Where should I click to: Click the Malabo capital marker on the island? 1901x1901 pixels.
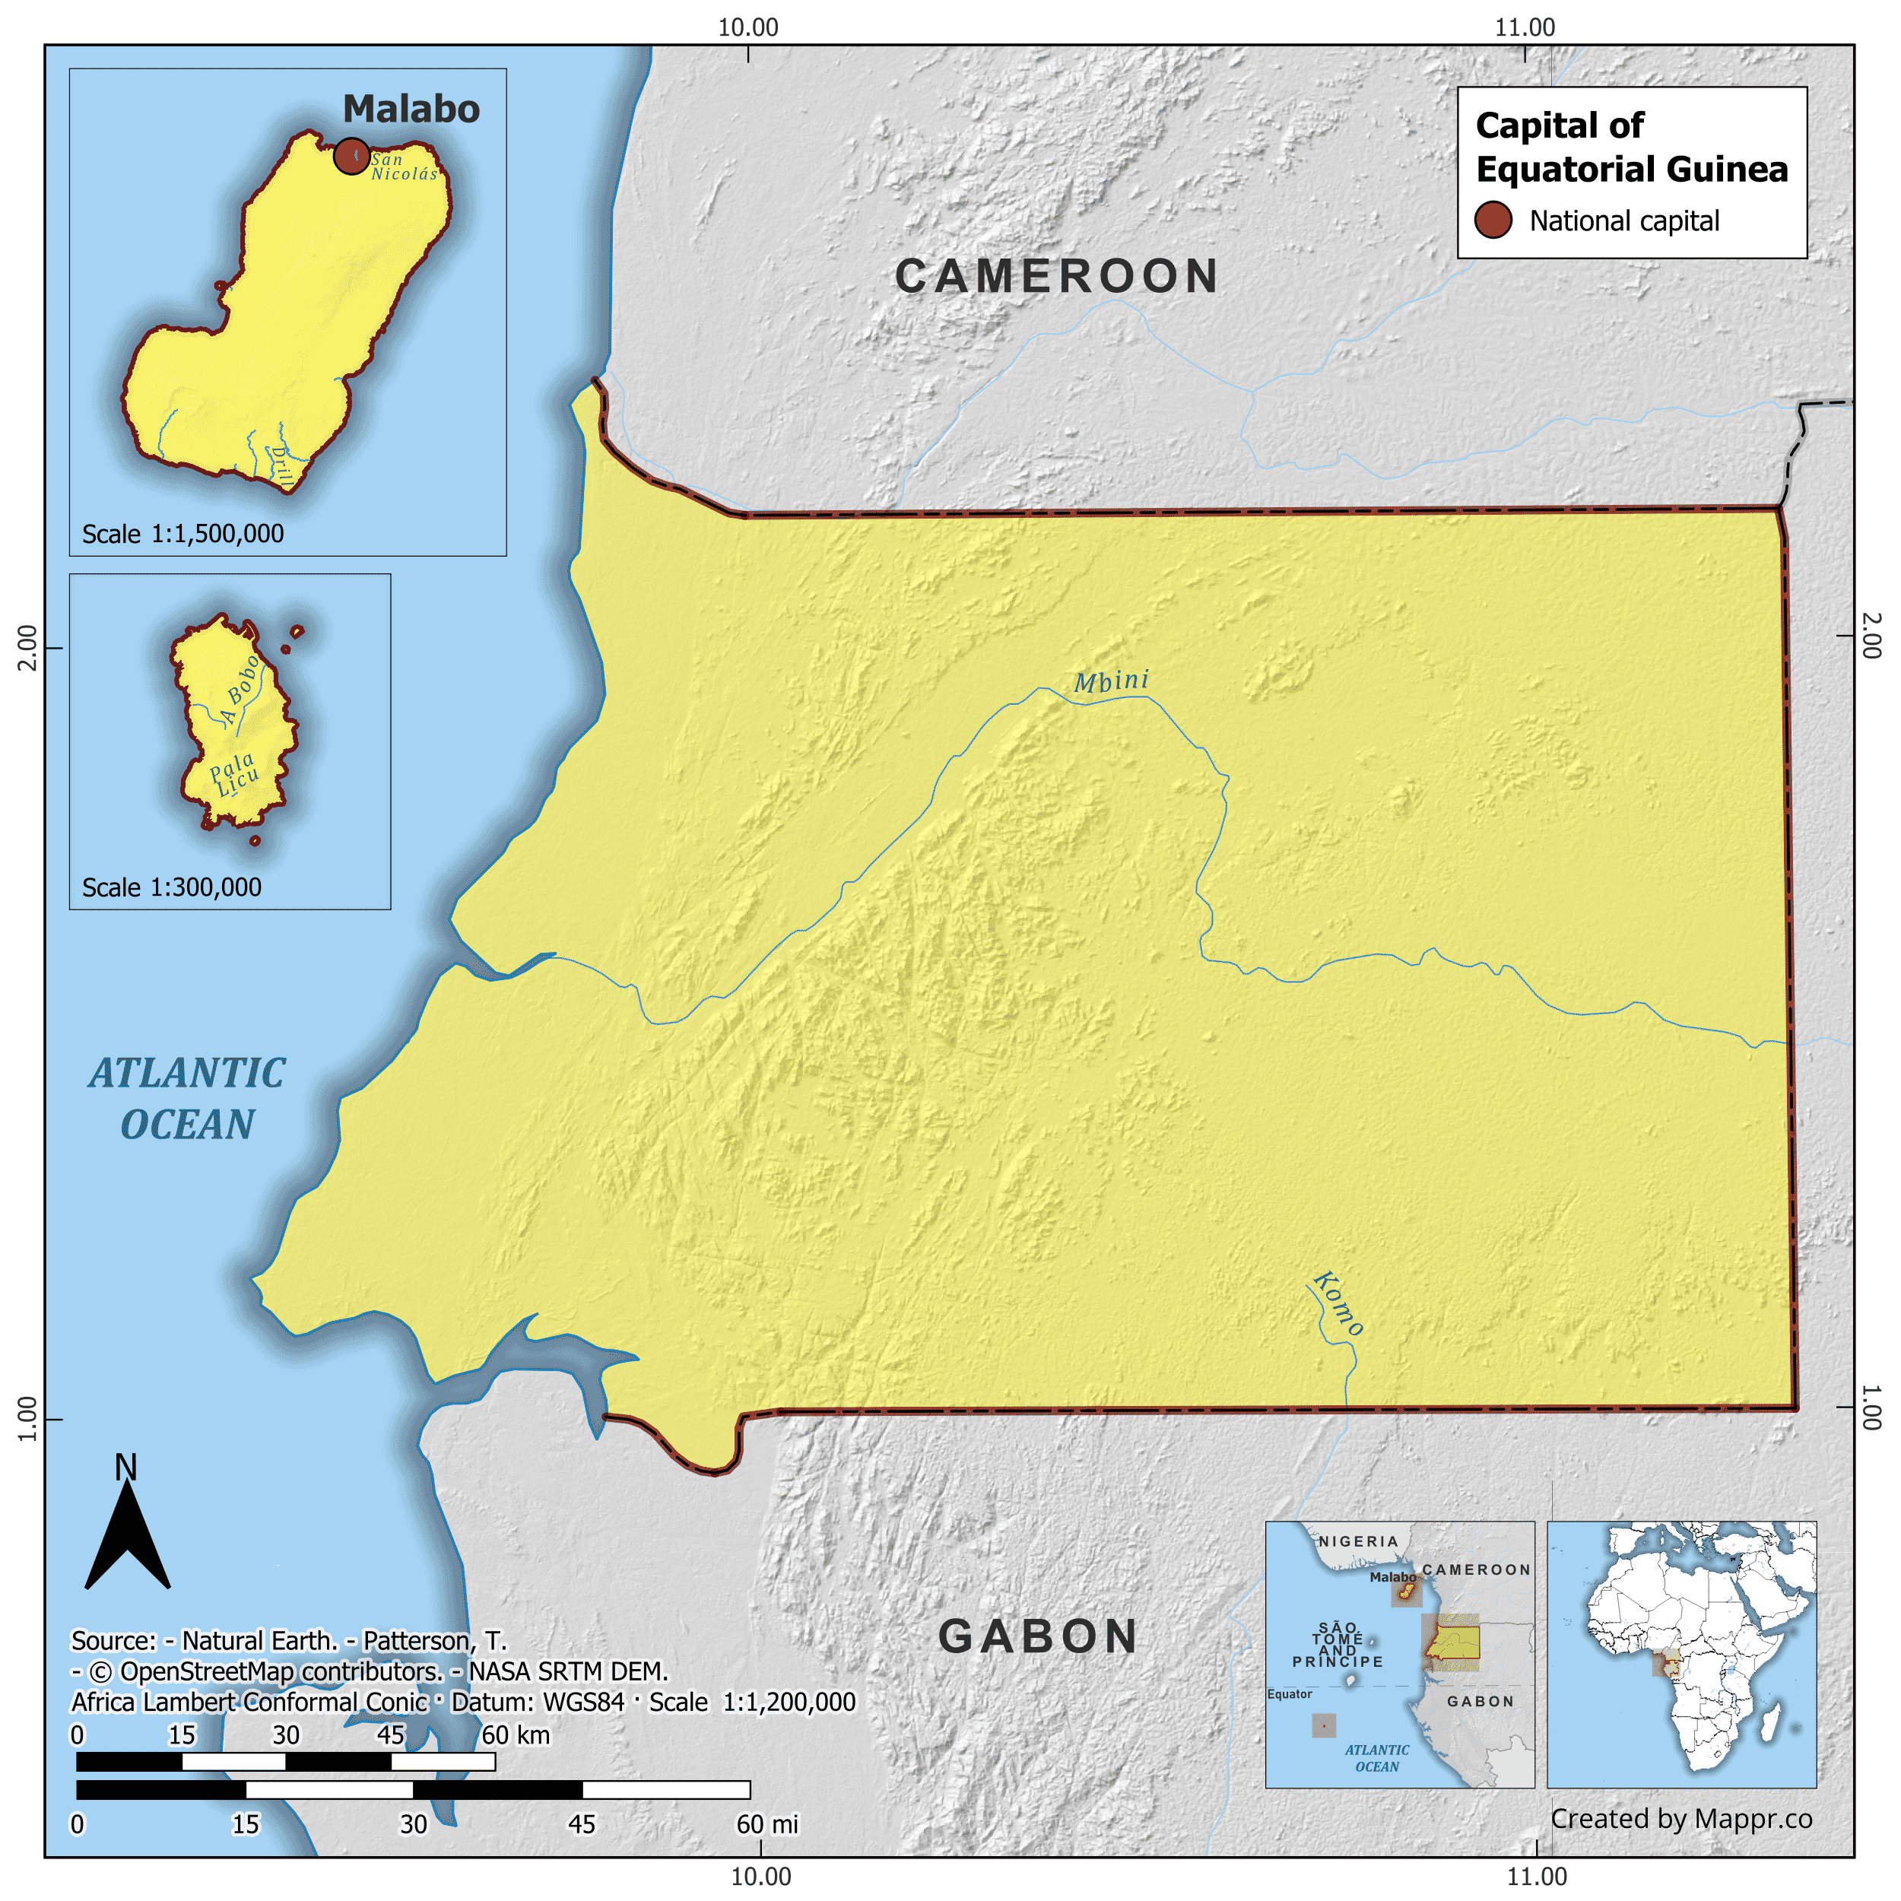351,155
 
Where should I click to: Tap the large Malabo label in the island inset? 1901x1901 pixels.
411,109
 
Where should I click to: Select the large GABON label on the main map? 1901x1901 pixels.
1038,1637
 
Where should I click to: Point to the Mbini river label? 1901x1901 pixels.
1111,681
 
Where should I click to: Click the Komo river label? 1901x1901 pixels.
1338,1304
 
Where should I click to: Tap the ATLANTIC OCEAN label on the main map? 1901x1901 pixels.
187,1099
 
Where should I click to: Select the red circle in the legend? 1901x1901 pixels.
1493,221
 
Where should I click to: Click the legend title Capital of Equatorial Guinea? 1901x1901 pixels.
1630,148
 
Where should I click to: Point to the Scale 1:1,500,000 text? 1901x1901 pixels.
183,535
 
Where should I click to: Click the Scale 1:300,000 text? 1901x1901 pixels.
172,887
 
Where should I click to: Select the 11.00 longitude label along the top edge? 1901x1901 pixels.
1524,27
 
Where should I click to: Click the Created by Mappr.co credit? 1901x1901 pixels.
1681,1820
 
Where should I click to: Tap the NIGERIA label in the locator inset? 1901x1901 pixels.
1358,1542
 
